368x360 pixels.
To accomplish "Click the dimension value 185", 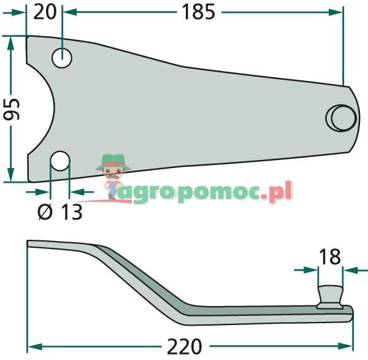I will (x=197, y=12).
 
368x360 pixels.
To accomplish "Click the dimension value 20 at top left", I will (x=45, y=12).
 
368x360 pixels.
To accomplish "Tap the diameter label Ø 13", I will (x=59, y=212).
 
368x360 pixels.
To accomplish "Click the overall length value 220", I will (x=184, y=347).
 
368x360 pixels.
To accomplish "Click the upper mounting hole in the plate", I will (x=62, y=58).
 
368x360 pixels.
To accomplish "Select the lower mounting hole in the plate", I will (x=59, y=161).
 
